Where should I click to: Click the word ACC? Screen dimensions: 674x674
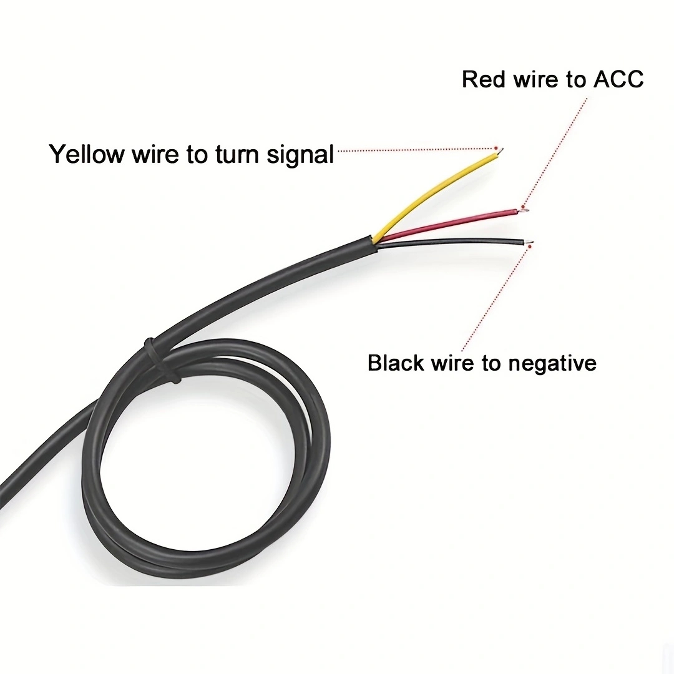point(618,79)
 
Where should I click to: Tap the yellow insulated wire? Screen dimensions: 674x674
point(437,190)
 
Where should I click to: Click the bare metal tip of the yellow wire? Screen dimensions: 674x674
point(501,150)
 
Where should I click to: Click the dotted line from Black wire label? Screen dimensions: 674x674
point(496,300)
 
